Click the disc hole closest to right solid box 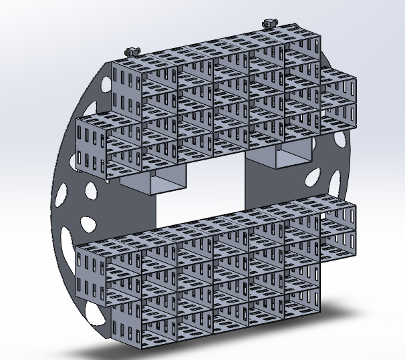click(311, 177)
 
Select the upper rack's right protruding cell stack click(341, 97)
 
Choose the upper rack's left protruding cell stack click(94, 147)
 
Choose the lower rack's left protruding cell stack click(94, 274)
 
